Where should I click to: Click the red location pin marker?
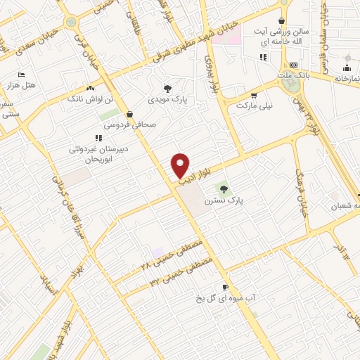[181, 165]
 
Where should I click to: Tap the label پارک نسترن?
[223, 200]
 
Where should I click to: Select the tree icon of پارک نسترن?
[224, 188]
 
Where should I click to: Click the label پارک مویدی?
[167, 101]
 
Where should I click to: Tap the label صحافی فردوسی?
[129, 124]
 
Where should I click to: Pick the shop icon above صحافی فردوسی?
[129, 114]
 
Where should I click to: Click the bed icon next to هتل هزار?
[21, 74]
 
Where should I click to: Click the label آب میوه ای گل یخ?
[225, 298]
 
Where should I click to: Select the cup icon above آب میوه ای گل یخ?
[225, 287]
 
